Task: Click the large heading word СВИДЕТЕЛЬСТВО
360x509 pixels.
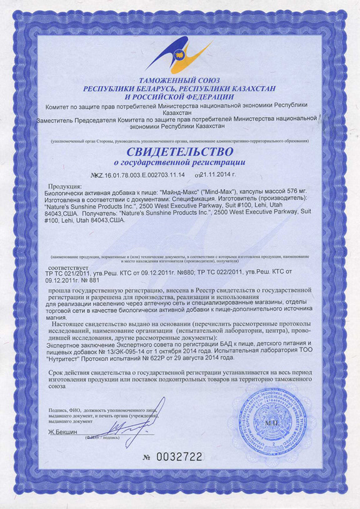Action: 180,152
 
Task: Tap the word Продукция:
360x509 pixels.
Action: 65,186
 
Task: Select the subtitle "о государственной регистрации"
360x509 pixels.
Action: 180,162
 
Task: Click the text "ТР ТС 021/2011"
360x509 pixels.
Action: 66,274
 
